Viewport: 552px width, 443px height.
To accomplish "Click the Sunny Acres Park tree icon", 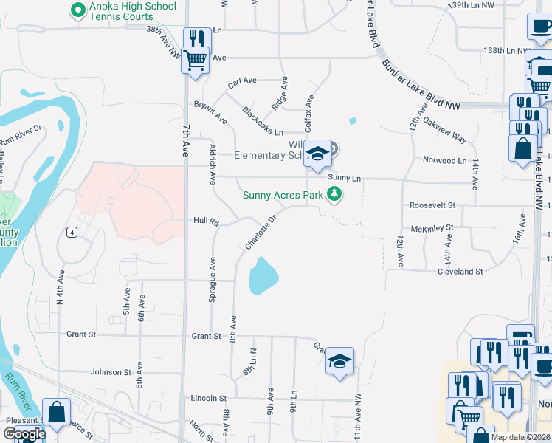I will [x=335, y=195].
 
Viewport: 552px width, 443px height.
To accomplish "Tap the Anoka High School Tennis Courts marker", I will [x=76, y=10].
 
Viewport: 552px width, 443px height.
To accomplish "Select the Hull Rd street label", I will [x=206, y=221].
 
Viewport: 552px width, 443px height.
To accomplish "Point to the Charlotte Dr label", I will [x=261, y=232].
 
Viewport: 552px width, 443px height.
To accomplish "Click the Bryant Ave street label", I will [x=210, y=111].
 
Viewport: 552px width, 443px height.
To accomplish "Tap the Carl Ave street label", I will [x=241, y=81].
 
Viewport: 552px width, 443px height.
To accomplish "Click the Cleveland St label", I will [x=460, y=272].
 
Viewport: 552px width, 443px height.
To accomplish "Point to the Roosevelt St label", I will [x=429, y=205].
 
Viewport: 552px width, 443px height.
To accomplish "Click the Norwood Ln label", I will [x=445, y=160].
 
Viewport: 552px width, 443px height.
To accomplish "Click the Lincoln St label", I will [x=207, y=398].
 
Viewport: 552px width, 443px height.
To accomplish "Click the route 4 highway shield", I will [x=72, y=233].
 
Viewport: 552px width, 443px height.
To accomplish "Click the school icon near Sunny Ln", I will [x=318, y=153].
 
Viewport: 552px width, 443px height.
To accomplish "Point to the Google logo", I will [x=24, y=434].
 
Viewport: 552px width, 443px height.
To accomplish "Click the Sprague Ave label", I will [x=213, y=274].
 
